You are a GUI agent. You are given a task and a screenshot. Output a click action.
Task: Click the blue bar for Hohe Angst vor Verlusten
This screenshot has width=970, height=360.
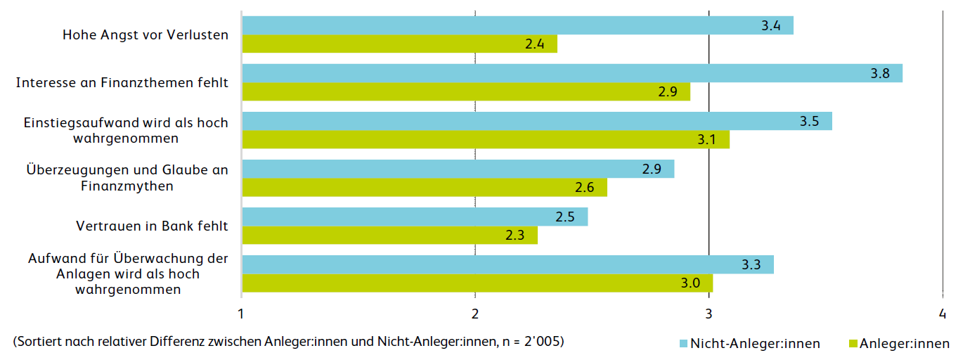pos(517,25)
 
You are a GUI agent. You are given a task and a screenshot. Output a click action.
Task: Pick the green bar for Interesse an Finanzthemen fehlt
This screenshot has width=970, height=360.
pos(466,92)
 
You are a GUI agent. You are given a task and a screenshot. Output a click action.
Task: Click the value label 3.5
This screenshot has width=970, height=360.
pos(809,121)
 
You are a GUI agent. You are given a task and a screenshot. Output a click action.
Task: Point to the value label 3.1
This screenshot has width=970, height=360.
pos(707,140)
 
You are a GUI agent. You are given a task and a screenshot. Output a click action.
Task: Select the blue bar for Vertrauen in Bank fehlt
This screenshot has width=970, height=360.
pos(415,217)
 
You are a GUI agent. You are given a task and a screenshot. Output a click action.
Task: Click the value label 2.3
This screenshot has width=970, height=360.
pos(515,236)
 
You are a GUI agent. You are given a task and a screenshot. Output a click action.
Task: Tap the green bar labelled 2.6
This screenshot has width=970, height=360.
pos(425,188)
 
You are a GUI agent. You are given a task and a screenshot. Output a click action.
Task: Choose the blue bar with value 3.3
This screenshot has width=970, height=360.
pos(507,264)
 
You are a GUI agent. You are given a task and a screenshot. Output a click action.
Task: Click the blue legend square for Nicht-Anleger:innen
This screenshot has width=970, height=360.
pos(684,343)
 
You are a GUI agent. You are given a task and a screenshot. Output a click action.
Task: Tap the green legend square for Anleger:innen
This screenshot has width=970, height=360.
pos(854,343)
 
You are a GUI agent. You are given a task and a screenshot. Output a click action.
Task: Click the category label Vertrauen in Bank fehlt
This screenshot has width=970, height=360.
pos(152,226)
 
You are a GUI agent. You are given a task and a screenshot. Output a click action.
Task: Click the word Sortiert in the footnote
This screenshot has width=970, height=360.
pos(44,342)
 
